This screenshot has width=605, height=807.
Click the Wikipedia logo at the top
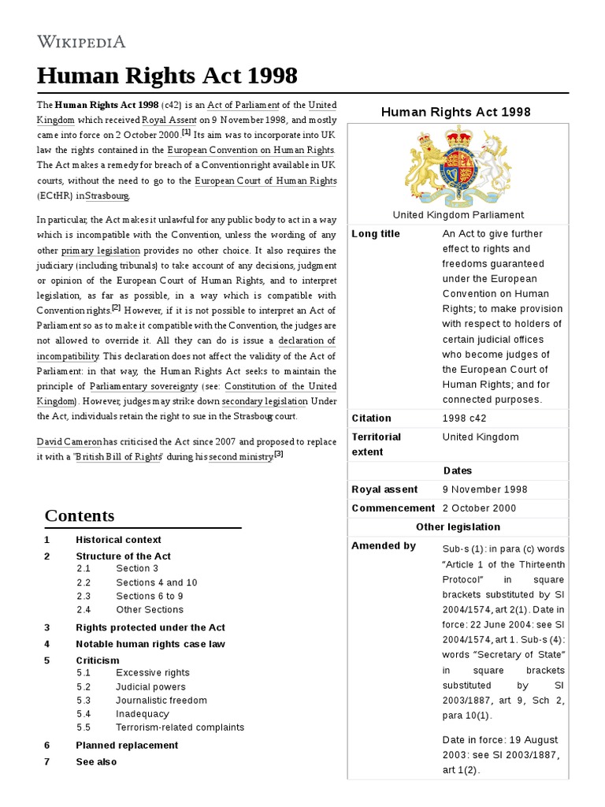point(81,41)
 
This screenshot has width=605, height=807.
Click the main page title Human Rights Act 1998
point(167,76)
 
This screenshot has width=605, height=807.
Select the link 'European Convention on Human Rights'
point(251,150)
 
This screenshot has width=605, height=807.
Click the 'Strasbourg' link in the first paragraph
point(107,196)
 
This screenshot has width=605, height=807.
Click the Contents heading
point(80,515)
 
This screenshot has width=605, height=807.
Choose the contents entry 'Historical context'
point(118,540)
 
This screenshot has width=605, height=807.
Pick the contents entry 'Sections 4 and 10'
point(156,582)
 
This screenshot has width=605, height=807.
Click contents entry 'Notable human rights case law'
point(150,644)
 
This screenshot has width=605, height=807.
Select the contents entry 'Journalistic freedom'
point(161,700)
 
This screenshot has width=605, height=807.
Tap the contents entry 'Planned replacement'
point(127,745)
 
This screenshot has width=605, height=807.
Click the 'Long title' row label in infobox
point(376,234)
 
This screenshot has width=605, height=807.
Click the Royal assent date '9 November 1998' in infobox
point(485,489)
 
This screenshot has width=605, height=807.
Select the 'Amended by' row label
point(384,545)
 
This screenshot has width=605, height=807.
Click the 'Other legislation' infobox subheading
point(458,526)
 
